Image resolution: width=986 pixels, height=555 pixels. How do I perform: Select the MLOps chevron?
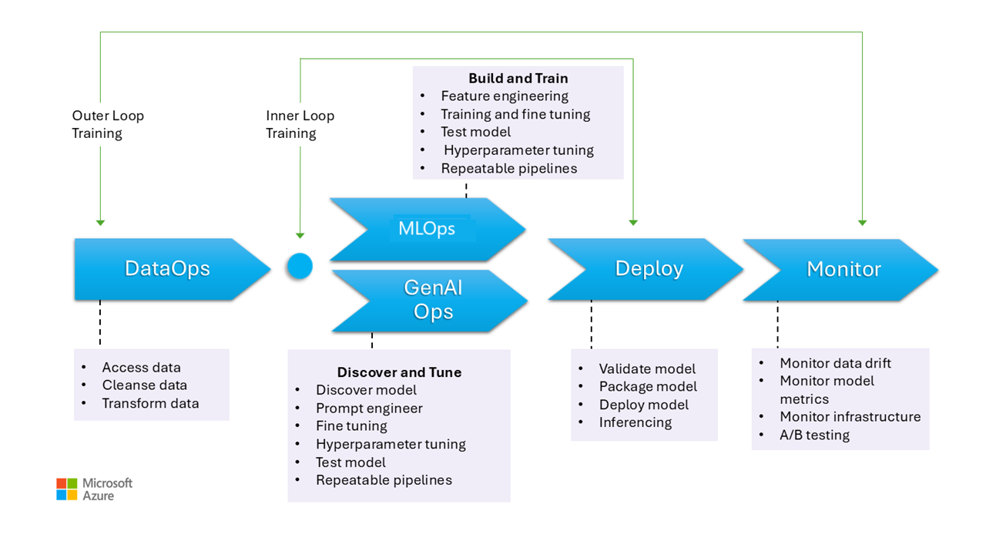coord(426,229)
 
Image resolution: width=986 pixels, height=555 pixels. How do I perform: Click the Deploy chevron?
coord(648,268)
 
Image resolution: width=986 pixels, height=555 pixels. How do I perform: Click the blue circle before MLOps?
coord(300,267)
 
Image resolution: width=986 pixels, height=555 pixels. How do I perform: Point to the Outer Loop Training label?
coord(107,124)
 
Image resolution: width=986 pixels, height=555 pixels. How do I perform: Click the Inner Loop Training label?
coord(300,124)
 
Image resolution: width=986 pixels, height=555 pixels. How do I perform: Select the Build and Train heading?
coord(518,78)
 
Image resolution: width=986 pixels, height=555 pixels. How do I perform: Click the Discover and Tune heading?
coord(399,372)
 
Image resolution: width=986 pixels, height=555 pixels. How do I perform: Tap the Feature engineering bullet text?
coord(505,96)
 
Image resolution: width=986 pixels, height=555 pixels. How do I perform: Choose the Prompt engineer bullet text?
coord(369,408)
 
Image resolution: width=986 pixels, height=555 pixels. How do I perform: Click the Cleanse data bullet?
coord(144,385)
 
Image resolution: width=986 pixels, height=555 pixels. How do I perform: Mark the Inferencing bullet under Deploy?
coord(635,422)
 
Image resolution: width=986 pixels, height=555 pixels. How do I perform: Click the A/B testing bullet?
coord(814,435)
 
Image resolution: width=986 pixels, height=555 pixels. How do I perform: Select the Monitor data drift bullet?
coord(835,363)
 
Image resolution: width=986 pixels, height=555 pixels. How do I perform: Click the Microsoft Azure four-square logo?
coord(67,489)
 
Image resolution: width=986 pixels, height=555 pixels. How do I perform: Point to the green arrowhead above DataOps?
coord(100,222)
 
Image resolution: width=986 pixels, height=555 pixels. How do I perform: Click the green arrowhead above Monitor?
coord(862,222)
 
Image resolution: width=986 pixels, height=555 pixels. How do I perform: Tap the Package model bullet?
coord(648,386)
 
